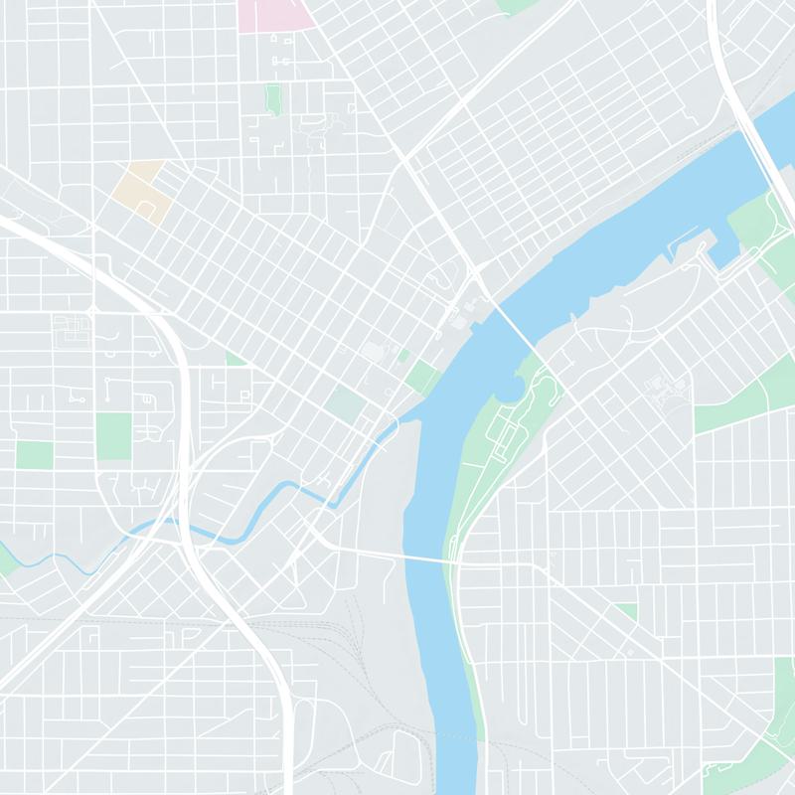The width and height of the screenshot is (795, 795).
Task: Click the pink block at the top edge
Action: [276, 13]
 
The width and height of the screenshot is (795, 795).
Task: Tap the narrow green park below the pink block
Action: [273, 98]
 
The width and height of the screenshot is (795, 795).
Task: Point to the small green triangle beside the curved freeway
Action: [235, 358]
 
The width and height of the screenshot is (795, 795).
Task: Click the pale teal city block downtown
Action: [346, 402]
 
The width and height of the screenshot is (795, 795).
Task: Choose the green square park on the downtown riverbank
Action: [421, 377]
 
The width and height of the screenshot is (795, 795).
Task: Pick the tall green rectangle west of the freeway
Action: [114, 436]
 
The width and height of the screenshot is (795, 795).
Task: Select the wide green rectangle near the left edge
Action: [34, 455]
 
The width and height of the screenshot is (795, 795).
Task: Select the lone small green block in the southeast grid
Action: [626, 610]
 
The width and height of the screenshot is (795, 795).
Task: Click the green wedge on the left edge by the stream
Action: [6, 561]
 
